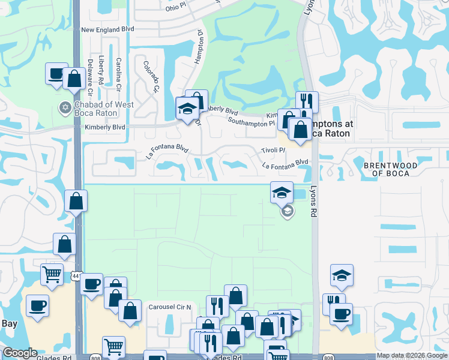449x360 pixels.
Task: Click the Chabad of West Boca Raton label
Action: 103,109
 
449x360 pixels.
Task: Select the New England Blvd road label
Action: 108,29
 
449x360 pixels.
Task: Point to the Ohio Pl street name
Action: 176,8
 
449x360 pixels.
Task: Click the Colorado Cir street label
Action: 151,77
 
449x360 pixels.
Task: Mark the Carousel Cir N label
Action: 169,307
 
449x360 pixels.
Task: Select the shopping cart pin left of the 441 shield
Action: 52,275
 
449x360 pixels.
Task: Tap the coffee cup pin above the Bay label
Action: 37,306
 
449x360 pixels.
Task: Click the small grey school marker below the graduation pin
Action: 287,211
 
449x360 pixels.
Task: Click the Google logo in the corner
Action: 20,353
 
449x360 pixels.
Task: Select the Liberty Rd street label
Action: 102,70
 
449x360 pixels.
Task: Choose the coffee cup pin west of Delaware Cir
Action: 56,74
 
